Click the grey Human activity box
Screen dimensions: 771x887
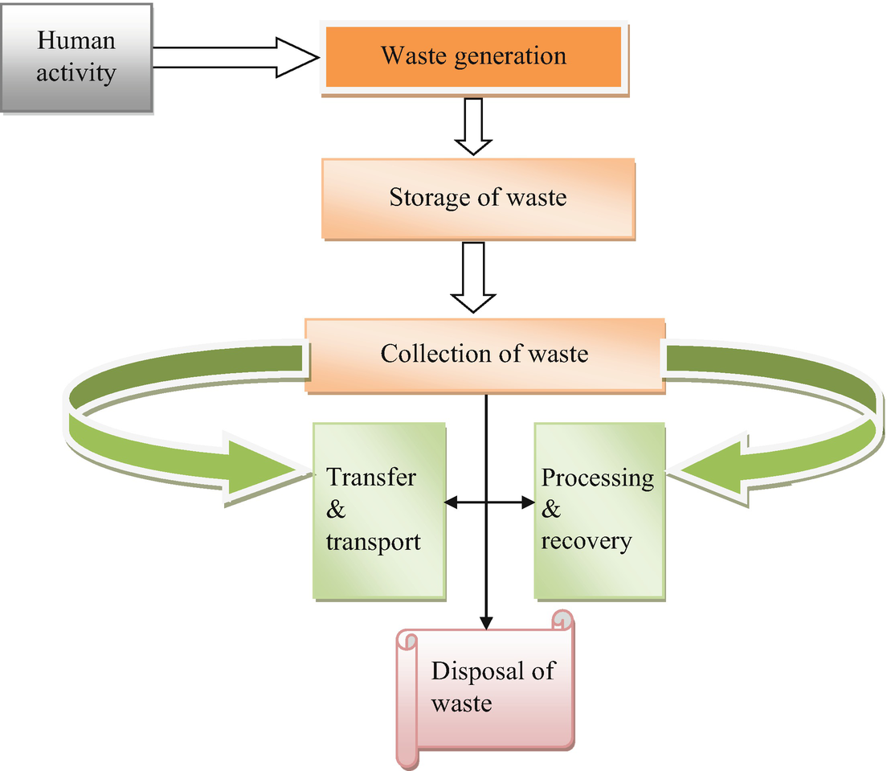(76, 57)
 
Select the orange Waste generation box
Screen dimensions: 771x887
(473, 56)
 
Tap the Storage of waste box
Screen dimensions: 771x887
(478, 198)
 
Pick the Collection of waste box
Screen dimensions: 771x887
(484, 354)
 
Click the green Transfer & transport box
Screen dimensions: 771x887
(378, 510)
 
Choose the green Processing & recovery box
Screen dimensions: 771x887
(599, 510)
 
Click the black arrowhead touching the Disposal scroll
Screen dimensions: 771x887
(485, 622)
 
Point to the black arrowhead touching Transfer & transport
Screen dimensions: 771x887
(451, 502)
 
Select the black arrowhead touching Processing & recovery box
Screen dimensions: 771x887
(528, 502)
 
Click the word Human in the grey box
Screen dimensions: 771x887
(76, 41)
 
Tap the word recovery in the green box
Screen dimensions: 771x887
(586, 541)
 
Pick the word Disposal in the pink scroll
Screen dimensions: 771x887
(471, 671)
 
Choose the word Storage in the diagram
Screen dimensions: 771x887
(427, 198)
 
